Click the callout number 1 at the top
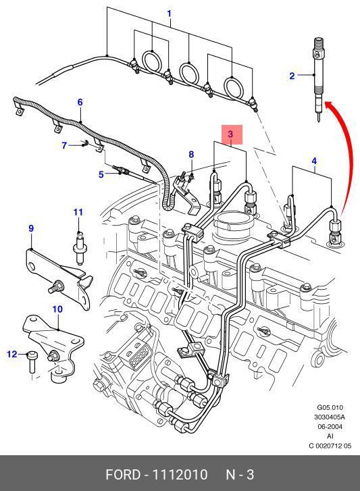click(169, 14)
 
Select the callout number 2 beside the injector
click(292, 76)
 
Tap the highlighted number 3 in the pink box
click(230, 134)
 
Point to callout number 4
click(314, 161)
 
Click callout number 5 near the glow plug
click(101, 174)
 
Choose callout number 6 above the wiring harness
click(80, 102)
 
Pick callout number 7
click(64, 146)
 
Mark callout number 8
click(191, 155)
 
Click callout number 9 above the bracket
click(31, 228)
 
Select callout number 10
click(57, 309)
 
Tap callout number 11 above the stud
click(78, 212)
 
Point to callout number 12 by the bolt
click(12, 354)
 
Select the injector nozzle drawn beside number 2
click(318, 80)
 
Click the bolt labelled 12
click(32, 362)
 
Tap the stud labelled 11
click(80, 247)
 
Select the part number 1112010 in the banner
click(180, 475)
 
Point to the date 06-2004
click(330, 426)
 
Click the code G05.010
click(330, 408)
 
